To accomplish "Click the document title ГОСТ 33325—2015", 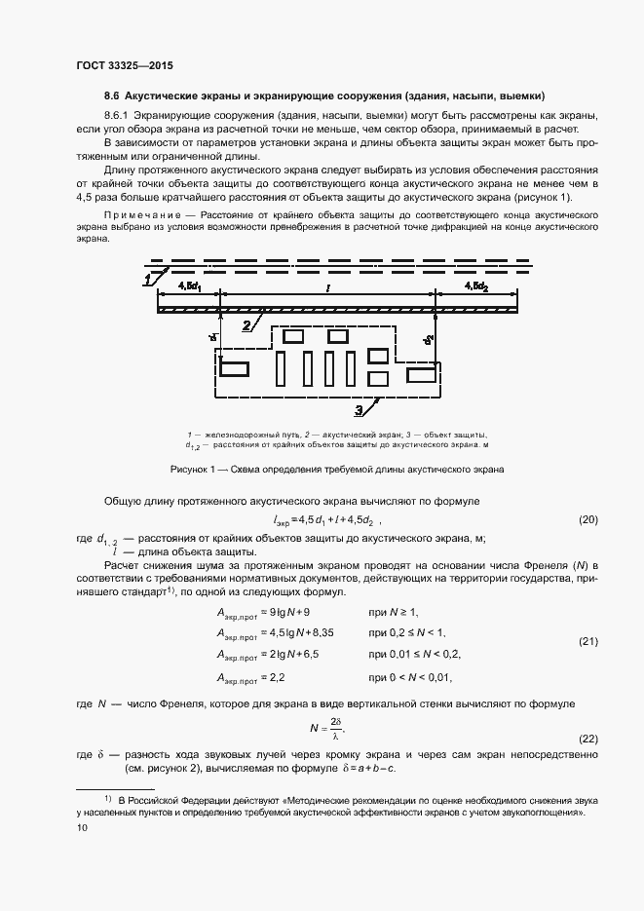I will click(x=124, y=66).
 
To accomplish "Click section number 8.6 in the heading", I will click(x=111, y=96).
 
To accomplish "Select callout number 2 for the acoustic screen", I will click(x=249, y=323).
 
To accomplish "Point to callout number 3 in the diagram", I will click(x=360, y=409).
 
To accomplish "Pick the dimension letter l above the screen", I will click(x=328, y=287).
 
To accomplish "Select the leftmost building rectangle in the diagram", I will click(x=234, y=368).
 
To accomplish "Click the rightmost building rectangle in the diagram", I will click(x=421, y=374).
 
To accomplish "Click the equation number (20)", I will click(x=587, y=520).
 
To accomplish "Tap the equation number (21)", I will click(x=587, y=641).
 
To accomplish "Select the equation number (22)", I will click(x=587, y=738).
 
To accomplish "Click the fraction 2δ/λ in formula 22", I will click(x=335, y=727).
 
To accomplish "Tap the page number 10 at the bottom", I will click(x=82, y=827).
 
